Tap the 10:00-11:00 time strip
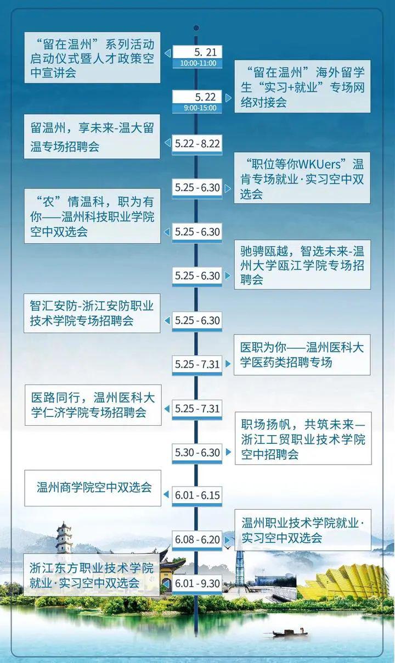point(197,63)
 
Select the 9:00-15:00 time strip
point(197,108)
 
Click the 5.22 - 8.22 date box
point(197,144)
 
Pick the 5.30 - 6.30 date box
point(197,453)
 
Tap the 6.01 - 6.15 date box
point(197,495)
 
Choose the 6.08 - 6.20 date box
point(197,540)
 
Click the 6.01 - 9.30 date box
point(197,584)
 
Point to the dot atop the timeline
point(196,28)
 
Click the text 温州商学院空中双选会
point(94,487)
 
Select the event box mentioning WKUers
point(302,178)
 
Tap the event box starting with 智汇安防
point(92,313)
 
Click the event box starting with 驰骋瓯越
point(302,265)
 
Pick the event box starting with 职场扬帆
point(303,438)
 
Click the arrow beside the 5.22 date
point(228,98)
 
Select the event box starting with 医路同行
point(93,405)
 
